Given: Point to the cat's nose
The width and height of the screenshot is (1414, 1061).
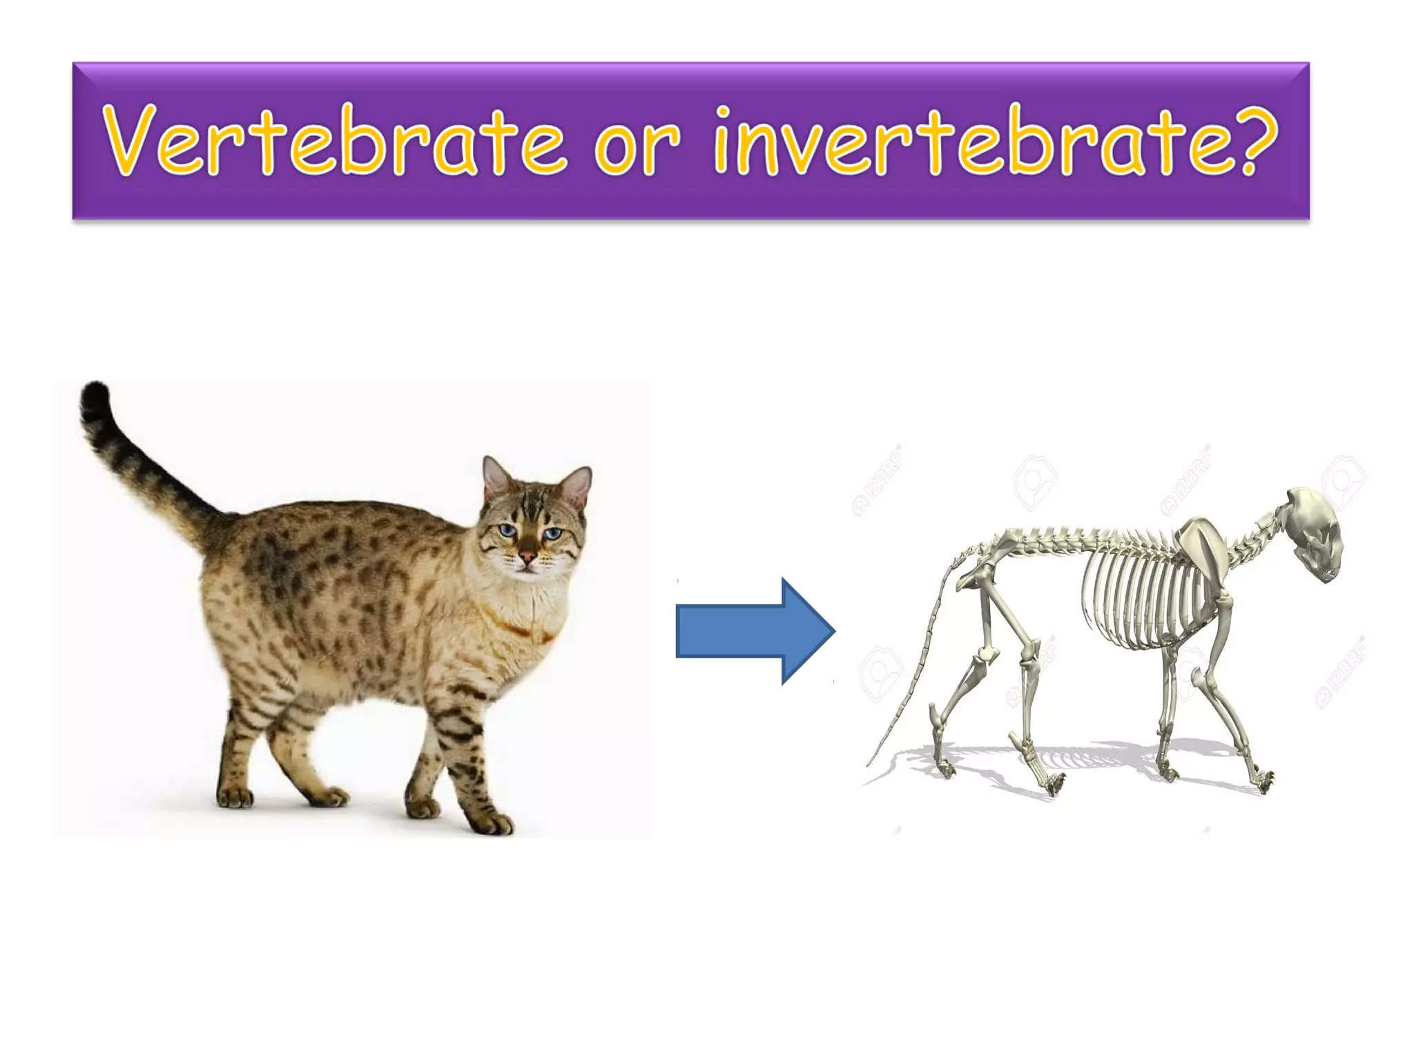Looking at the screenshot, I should [527, 557].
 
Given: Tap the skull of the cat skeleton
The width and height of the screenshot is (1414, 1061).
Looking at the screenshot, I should [1315, 532].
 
